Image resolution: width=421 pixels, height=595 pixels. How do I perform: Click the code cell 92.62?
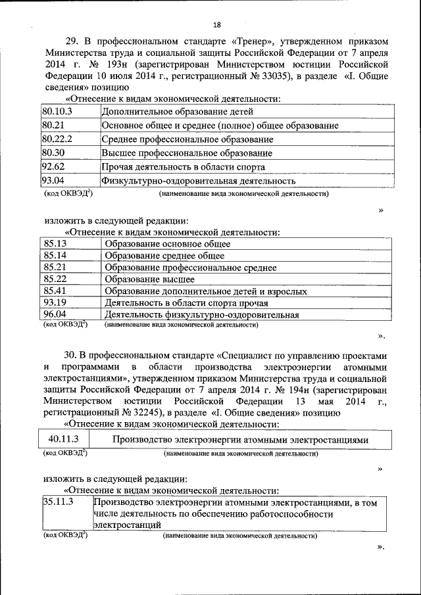[x=53, y=166]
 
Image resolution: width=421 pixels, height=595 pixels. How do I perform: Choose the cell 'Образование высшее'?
[x=149, y=279]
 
